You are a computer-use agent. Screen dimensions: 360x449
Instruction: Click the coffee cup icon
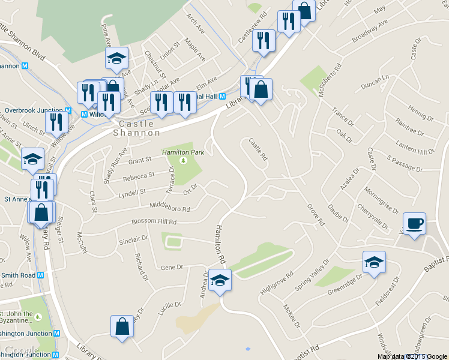click(x=414, y=224)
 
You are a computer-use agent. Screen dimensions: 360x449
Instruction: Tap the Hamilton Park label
click(x=183, y=152)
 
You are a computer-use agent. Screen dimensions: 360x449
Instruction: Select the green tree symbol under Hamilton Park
click(x=184, y=160)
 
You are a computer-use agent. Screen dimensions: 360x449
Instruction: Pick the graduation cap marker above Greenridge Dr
click(x=374, y=262)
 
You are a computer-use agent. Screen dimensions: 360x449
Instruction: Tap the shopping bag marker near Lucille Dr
click(x=122, y=327)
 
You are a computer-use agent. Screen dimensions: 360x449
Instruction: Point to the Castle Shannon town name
click(x=137, y=128)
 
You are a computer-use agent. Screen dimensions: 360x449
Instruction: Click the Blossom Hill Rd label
click(x=155, y=221)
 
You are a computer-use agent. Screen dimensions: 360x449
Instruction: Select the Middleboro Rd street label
click(x=169, y=207)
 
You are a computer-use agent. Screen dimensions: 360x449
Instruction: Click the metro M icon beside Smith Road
click(x=41, y=275)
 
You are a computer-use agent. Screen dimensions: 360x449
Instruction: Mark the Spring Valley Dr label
click(x=312, y=275)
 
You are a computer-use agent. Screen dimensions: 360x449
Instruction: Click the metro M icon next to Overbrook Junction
click(x=69, y=110)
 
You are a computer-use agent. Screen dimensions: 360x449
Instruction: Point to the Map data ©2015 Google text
click(x=412, y=356)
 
